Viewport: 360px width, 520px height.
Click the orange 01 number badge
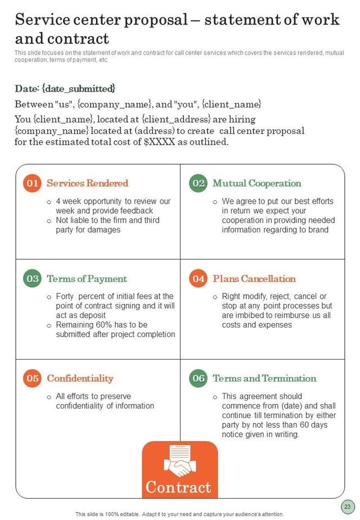(x=33, y=183)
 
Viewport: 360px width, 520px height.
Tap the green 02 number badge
(x=199, y=183)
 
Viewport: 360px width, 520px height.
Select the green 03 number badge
(x=33, y=279)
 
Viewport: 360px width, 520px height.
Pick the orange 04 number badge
(x=199, y=279)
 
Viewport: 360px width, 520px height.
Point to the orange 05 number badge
(x=33, y=378)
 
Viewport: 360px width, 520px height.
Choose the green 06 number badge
(x=199, y=378)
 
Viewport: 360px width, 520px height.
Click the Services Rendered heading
(x=87, y=183)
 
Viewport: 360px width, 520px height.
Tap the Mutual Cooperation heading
(x=256, y=183)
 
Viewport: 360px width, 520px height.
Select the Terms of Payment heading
(x=87, y=279)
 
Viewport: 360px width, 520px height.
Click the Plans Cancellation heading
(x=254, y=279)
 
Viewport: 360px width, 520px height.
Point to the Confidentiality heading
(x=80, y=378)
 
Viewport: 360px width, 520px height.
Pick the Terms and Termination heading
(x=264, y=378)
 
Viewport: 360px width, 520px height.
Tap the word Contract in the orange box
(x=178, y=487)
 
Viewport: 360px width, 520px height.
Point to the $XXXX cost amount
(x=160, y=142)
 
